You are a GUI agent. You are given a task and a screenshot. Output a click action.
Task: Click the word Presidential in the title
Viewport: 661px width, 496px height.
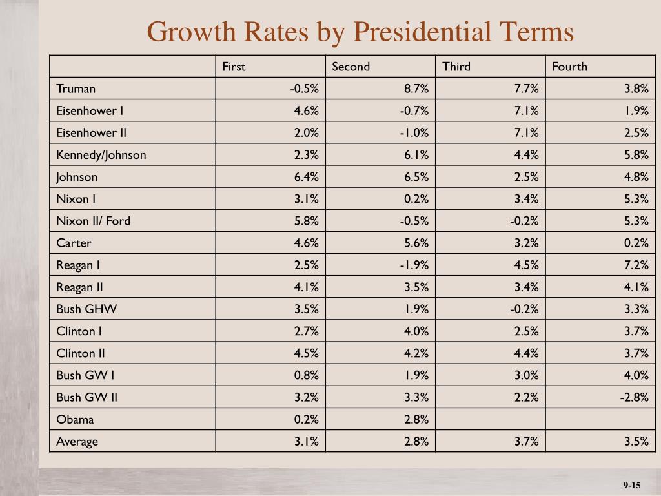pyautogui.click(x=422, y=32)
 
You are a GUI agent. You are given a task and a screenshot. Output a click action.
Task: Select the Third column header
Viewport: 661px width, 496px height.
pyautogui.click(x=456, y=67)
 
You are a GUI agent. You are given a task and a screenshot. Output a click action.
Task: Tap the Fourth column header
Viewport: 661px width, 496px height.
pyautogui.click(x=569, y=67)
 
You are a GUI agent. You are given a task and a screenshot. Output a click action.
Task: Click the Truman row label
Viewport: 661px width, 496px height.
pyautogui.click(x=76, y=88)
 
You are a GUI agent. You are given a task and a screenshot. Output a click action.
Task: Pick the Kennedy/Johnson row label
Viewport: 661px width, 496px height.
pyautogui.click(x=101, y=155)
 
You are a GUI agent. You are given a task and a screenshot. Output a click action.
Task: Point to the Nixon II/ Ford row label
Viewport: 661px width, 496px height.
pyautogui.click(x=93, y=221)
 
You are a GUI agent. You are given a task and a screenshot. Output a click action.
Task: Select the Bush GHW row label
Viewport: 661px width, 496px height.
pyautogui.click(x=86, y=309)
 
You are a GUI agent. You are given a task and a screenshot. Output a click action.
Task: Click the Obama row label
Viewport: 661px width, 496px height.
pyautogui.click(x=75, y=419)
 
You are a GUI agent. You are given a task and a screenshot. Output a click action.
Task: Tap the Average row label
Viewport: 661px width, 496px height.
pyautogui.click(x=77, y=442)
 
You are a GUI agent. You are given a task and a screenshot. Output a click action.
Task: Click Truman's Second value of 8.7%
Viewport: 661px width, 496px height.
pyautogui.click(x=416, y=88)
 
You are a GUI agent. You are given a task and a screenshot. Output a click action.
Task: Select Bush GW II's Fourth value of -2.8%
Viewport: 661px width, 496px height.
pyautogui.click(x=634, y=397)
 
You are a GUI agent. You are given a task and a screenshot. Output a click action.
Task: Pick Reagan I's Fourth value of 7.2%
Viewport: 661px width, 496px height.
pyautogui.click(x=636, y=265)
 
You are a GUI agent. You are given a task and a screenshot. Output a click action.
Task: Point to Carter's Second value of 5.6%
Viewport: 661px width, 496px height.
pyautogui.click(x=416, y=243)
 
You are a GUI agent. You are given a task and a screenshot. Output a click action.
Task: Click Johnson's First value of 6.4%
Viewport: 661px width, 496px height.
pyautogui.click(x=306, y=177)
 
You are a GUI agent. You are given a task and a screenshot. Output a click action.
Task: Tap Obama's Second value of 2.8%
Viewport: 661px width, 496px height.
pyautogui.click(x=416, y=419)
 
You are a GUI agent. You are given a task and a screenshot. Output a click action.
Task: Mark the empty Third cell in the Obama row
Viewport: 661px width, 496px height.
pyautogui.click(x=491, y=418)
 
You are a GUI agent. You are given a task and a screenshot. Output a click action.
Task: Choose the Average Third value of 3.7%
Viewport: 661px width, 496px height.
pyautogui.click(x=526, y=442)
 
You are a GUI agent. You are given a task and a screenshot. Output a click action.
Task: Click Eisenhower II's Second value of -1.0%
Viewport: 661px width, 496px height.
pyautogui.click(x=414, y=133)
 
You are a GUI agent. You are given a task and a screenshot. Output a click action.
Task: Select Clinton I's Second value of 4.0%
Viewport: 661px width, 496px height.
pyautogui.click(x=416, y=331)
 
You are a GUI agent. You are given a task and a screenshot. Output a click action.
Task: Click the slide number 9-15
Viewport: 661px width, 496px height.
pyautogui.click(x=632, y=485)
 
